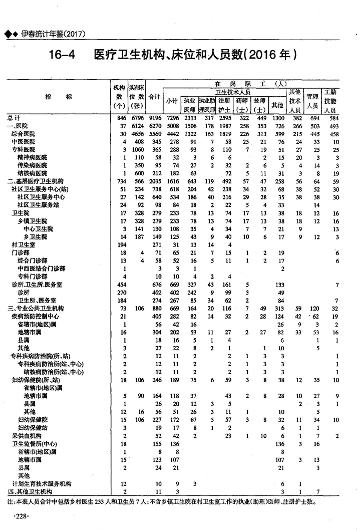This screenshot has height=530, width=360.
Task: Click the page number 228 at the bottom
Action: pos(22,516)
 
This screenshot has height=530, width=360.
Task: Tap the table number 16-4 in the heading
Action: pos(62,54)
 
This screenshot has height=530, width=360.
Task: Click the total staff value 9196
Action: pos(155,118)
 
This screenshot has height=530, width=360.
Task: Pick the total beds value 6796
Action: pos(137,118)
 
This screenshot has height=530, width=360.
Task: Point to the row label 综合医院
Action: pos(24,134)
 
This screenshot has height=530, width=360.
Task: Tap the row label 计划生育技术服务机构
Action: pos(42,483)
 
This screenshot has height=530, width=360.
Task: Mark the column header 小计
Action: pos(172,101)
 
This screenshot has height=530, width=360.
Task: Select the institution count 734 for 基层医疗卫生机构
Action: pos(120,181)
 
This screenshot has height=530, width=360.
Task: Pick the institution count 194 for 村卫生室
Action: pos(120,244)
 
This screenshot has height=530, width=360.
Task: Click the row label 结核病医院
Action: pos(33,173)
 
